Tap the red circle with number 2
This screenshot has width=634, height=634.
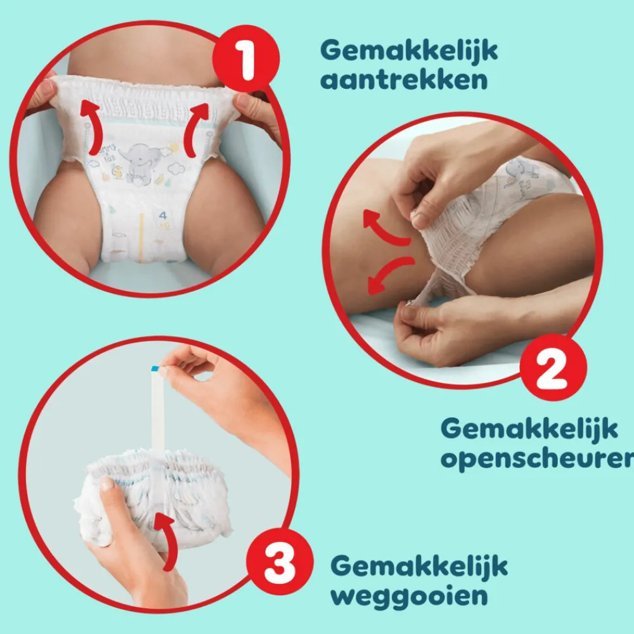click(x=552, y=368)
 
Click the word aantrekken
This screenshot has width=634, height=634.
click(x=404, y=81)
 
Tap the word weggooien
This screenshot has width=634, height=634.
click(x=410, y=595)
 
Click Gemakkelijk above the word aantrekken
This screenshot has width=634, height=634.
click(x=409, y=50)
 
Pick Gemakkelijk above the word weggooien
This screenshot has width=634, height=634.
click(x=419, y=566)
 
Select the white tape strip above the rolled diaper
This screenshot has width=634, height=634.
click(x=156, y=412)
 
